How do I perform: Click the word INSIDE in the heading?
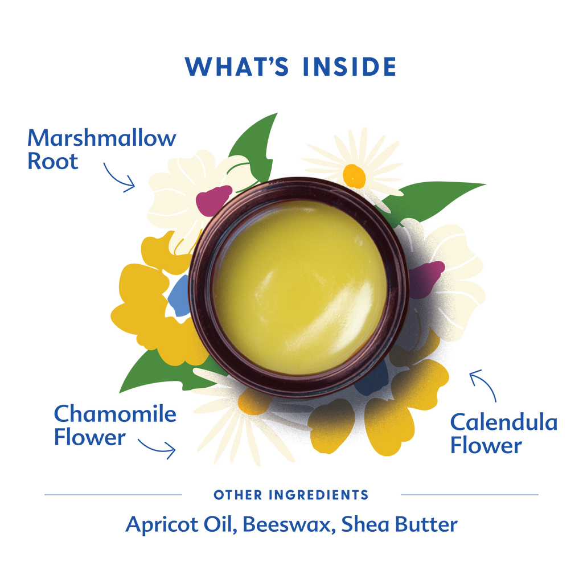click(350, 67)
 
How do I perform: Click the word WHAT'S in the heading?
click(237, 67)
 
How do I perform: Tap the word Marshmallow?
click(101, 138)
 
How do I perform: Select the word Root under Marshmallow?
click(53, 161)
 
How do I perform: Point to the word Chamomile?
click(115, 413)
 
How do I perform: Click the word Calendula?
click(504, 422)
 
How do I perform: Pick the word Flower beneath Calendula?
click(486, 445)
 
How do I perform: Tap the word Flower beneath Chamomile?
click(89, 437)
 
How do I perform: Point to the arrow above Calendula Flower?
click(483, 385)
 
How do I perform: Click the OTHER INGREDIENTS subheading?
click(291, 495)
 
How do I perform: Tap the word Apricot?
click(162, 524)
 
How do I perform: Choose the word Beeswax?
click(286, 524)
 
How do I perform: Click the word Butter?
click(426, 524)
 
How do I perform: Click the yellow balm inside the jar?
click(299, 287)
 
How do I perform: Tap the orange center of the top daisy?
click(354, 176)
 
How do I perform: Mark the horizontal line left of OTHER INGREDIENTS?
click(113, 495)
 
